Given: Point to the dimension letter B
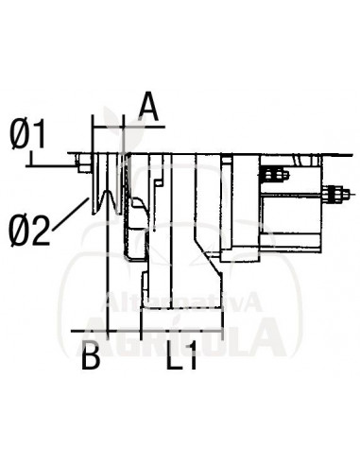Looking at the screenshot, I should (90, 359).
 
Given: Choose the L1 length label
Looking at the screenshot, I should (180, 359).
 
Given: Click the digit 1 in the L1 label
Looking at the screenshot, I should (192, 359).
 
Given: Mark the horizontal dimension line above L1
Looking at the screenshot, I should (180, 334).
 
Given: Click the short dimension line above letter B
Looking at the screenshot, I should (92, 334).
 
